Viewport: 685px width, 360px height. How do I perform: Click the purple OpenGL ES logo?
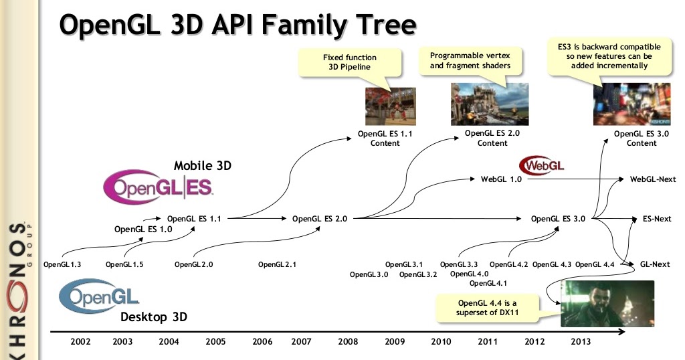[x=158, y=187]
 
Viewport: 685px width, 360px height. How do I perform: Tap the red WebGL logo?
[x=542, y=165]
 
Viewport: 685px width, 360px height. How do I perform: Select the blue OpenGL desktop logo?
[x=99, y=296]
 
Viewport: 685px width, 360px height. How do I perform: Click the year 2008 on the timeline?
[x=348, y=342]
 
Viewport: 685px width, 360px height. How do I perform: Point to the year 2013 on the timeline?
[x=581, y=342]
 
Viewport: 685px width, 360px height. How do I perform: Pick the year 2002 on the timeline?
[x=80, y=342]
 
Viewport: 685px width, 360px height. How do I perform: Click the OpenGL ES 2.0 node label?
[x=319, y=218]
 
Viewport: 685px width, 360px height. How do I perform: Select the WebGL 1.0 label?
[x=501, y=179]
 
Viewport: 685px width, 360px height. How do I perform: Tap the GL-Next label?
[x=655, y=264]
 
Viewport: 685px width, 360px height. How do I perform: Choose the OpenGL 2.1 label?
[x=277, y=264]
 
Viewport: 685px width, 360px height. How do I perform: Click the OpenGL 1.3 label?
[x=62, y=264]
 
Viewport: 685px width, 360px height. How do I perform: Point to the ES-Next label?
[x=657, y=218]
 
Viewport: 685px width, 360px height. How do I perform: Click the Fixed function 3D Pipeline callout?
[x=349, y=62]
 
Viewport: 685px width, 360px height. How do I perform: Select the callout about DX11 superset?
[x=487, y=308]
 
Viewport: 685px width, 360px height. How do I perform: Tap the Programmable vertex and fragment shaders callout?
[x=470, y=60]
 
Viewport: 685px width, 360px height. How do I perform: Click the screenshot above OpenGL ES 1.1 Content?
[x=391, y=106]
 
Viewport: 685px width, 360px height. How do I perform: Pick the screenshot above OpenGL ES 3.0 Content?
[x=631, y=104]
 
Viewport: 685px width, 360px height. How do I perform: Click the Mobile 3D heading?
[x=203, y=165]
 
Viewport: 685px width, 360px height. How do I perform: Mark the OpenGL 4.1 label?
[x=488, y=283]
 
